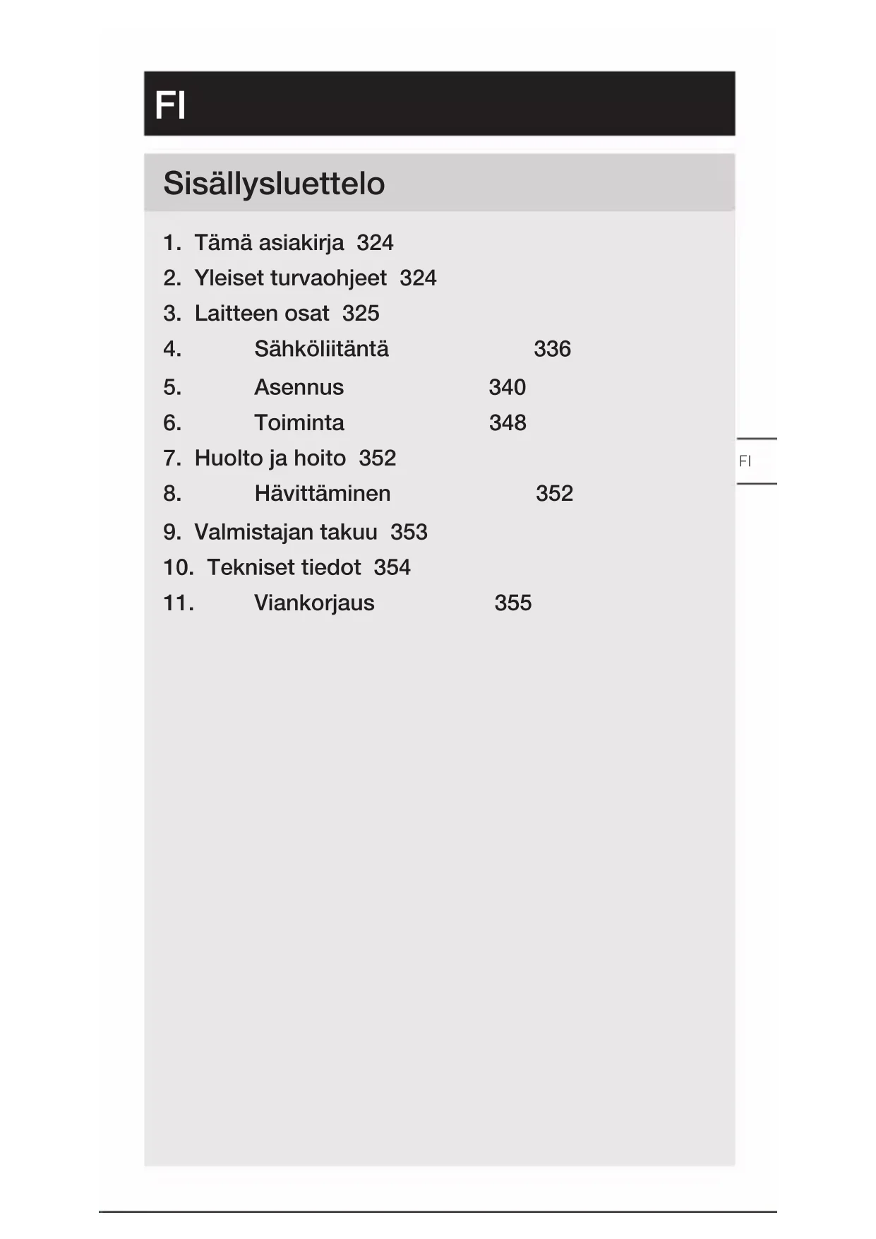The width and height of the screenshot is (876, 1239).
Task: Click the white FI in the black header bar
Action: click(x=170, y=106)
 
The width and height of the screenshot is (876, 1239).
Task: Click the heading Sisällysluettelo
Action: click(x=274, y=184)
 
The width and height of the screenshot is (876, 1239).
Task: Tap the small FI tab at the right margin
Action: click(x=745, y=461)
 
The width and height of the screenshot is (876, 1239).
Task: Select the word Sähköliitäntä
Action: click(x=321, y=349)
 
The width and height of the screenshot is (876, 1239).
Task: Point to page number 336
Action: click(x=552, y=349)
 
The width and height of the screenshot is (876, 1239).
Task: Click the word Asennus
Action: click(x=299, y=387)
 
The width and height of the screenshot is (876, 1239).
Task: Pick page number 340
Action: click(x=507, y=387)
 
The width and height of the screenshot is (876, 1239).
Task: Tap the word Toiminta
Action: click(x=299, y=422)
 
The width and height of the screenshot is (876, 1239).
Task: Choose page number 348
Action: click(x=508, y=422)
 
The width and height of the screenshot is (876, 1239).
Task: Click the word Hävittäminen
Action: click(x=322, y=493)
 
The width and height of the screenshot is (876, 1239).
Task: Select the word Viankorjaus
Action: click(x=314, y=603)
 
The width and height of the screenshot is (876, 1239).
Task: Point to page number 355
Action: click(x=512, y=603)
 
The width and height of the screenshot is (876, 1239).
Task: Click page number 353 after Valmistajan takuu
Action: click(x=409, y=532)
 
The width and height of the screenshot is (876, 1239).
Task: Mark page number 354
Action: click(x=392, y=567)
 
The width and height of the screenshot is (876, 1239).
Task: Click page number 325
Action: click(x=361, y=314)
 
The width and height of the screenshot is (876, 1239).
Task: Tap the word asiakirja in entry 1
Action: click(x=301, y=243)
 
